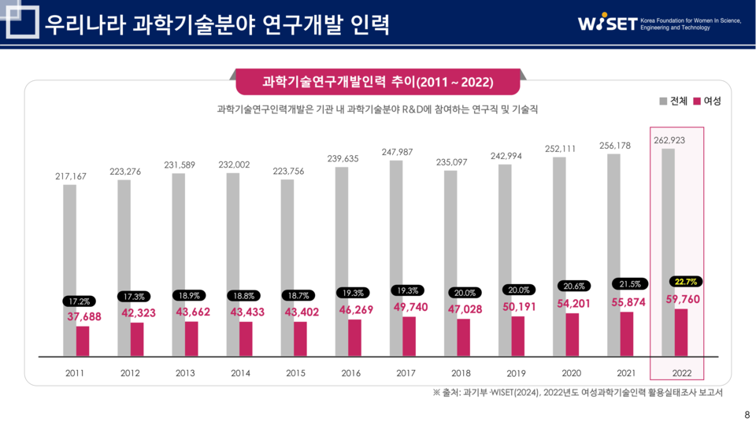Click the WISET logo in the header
606,24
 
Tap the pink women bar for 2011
83,341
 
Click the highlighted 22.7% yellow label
686,281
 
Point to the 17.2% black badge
79,301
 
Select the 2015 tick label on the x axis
295,373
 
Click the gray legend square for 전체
663,102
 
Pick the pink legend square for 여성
696,102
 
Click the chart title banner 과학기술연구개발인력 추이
377,82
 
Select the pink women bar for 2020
573,334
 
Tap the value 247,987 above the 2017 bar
397,152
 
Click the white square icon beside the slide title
21,23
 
